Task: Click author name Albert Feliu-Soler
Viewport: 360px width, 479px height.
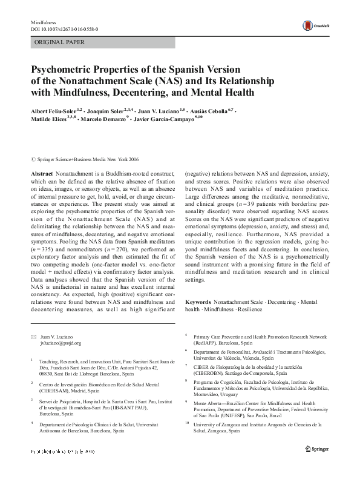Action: pos(55,113)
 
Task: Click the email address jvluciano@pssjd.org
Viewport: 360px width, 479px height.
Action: pos(61,343)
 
